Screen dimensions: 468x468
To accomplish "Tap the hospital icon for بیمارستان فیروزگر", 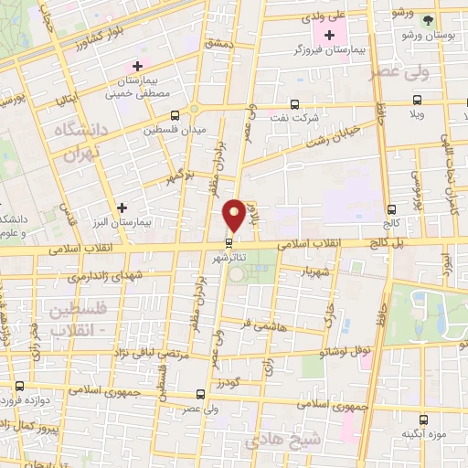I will coord(329,35).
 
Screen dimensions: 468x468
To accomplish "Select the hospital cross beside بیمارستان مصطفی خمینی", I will coord(137,66).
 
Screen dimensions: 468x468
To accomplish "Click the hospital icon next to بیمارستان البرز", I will coord(122,207).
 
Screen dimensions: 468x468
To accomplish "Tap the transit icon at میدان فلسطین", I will coord(175,115).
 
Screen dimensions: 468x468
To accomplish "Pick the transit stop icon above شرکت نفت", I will coord(295,104).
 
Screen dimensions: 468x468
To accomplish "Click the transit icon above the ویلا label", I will coord(417,100).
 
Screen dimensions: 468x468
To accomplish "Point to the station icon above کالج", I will coord(391,208).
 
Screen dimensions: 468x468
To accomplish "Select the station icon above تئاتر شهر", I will coord(229,241).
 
